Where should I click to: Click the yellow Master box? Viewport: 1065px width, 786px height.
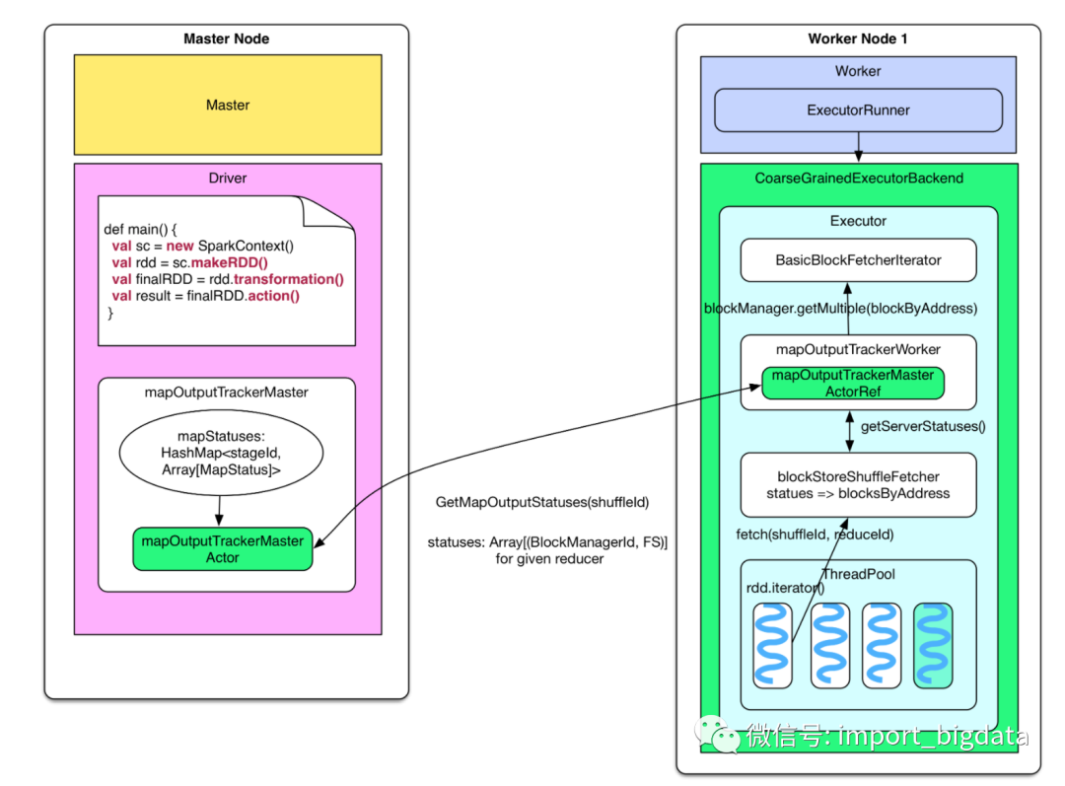point(228,105)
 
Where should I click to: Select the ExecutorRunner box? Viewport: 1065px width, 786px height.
point(858,110)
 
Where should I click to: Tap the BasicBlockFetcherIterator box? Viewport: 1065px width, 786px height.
point(858,260)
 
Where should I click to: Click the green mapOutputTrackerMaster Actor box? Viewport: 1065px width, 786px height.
point(223,548)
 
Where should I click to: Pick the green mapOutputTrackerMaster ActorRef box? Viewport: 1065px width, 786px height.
point(853,383)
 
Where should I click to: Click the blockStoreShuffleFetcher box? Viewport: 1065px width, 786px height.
point(858,484)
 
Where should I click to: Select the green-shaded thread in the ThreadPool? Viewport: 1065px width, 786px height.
point(933,645)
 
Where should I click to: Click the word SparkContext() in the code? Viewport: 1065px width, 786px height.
point(247,246)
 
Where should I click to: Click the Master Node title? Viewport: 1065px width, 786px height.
point(227,38)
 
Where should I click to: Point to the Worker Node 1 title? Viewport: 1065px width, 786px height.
point(858,38)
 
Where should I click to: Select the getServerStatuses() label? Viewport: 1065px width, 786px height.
point(923,427)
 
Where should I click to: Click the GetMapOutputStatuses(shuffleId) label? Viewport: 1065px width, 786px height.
point(541,503)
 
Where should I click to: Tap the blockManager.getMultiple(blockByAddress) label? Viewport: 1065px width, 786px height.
point(840,309)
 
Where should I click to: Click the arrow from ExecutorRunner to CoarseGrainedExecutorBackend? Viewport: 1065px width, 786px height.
point(859,148)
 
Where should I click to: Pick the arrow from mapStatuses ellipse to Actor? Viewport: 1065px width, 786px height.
point(220,510)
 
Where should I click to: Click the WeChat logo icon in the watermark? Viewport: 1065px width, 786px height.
point(719,735)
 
